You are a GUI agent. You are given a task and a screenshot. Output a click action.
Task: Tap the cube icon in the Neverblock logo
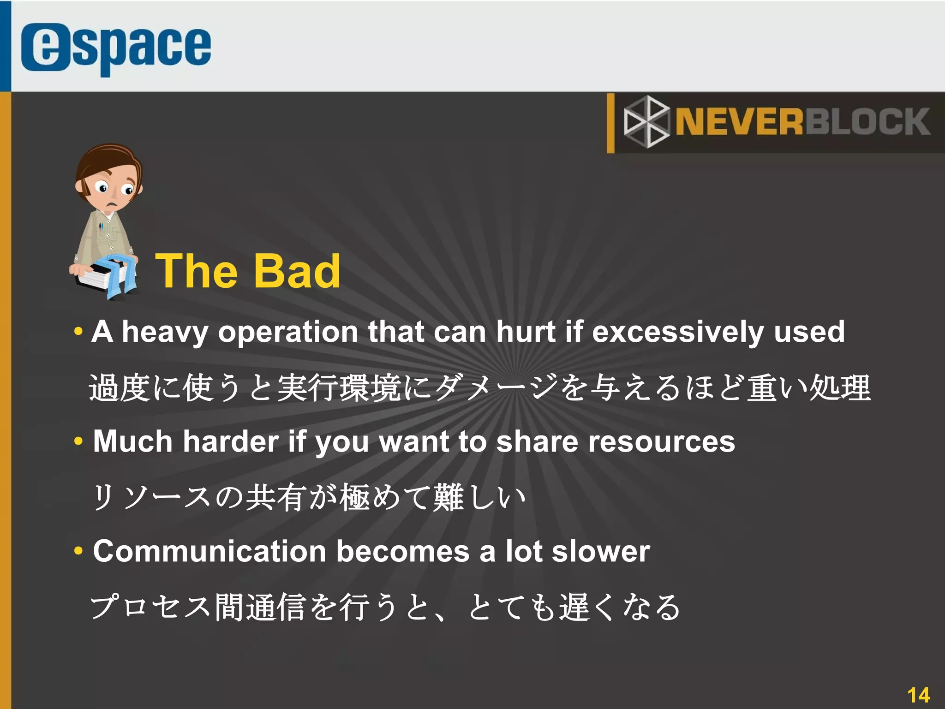(x=646, y=122)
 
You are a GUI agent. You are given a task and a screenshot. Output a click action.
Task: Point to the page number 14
(x=918, y=695)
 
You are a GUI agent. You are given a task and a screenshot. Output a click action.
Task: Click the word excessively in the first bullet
(x=677, y=332)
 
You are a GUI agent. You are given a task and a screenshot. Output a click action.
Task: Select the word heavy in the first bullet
(x=165, y=333)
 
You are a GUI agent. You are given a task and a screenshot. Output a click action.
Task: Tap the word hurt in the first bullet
(x=525, y=332)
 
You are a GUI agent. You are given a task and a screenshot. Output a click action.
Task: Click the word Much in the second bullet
(x=133, y=441)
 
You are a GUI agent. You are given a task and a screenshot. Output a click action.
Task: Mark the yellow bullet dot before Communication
(x=78, y=551)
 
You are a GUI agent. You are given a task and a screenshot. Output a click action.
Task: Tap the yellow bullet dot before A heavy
(x=78, y=331)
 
